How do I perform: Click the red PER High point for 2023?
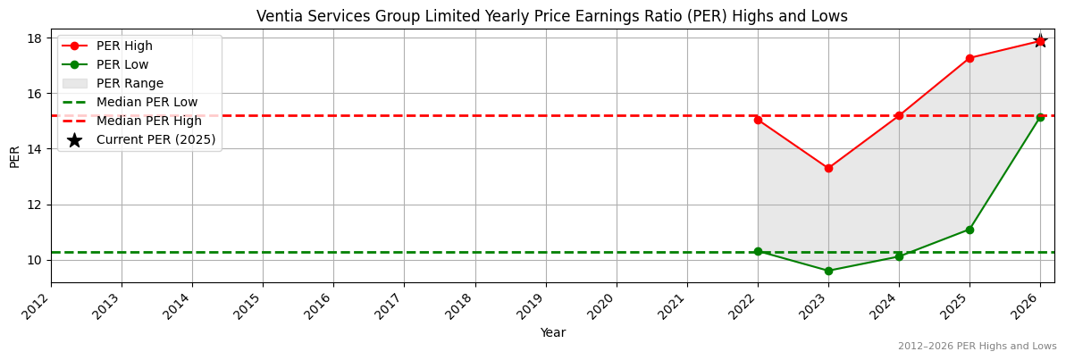828,168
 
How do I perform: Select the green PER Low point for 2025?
969,230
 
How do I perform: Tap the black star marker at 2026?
1040,41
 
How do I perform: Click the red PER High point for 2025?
969,58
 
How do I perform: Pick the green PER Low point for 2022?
758,251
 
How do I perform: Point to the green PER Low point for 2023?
828,271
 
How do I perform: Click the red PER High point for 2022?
758,120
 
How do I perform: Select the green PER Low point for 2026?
1040,117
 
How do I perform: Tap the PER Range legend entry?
130,83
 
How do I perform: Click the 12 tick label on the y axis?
34,205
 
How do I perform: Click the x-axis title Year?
552,332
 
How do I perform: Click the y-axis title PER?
14,156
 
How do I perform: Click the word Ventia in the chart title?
278,16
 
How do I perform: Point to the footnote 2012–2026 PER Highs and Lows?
977,346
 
